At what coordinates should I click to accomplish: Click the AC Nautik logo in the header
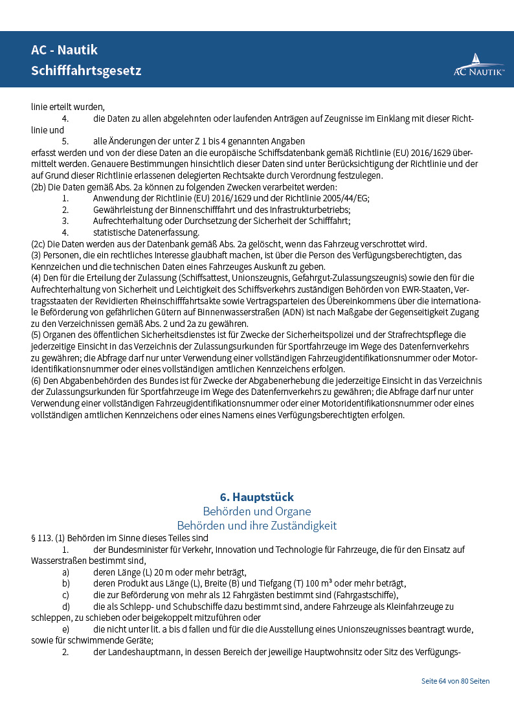pyautogui.click(x=478, y=65)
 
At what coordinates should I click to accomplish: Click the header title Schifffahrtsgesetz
pyautogui.click(x=85, y=70)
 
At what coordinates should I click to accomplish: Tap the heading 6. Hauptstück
pyautogui.click(x=257, y=497)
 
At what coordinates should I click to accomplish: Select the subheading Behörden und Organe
pyautogui.click(x=257, y=511)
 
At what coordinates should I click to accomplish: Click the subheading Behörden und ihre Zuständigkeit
pyautogui.click(x=257, y=526)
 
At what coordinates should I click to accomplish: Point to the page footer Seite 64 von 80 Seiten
pyautogui.click(x=455, y=681)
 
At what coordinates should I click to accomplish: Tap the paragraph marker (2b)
pyautogui.click(x=38, y=187)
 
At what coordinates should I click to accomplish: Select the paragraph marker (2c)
pyautogui.click(x=38, y=244)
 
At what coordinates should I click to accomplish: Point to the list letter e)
pyautogui.click(x=65, y=629)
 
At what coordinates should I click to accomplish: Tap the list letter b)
pyautogui.click(x=65, y=583)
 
